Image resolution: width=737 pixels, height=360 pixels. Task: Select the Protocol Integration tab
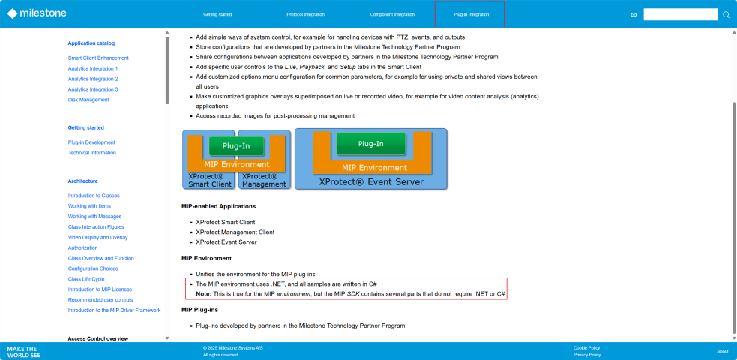305,14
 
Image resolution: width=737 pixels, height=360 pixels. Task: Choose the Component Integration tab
392,14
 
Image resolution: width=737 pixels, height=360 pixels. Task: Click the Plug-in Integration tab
469,14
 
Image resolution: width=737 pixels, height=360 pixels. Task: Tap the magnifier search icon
726,14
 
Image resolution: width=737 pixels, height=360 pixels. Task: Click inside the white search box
680,14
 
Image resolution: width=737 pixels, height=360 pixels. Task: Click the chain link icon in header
634,14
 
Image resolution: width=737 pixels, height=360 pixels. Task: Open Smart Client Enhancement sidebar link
98,58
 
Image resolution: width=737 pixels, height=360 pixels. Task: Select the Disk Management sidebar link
88,100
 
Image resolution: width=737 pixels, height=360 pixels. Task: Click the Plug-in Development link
91,142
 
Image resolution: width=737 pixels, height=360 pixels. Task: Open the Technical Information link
92,153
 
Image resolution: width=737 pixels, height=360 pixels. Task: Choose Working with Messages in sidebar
94,217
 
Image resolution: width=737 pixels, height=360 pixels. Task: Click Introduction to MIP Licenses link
100,289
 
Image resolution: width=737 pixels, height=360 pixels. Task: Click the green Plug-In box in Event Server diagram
370,144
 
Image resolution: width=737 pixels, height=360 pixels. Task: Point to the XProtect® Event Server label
370,181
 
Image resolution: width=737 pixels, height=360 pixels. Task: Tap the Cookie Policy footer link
586,348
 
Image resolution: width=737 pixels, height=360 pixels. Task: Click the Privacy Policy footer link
586,355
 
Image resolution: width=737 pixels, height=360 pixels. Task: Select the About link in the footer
722,351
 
